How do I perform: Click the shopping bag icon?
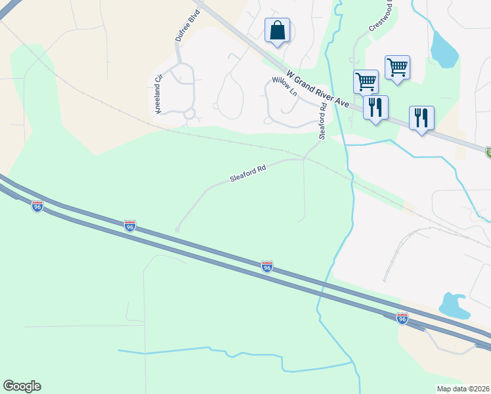point(277,30)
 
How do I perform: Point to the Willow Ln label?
point(285,88)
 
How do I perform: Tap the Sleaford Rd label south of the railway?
point(247,174)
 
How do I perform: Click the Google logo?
point(22,386)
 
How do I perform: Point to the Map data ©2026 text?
point(463,389)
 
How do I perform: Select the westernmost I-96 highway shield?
point(37,206)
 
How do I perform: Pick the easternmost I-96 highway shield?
point(402,318)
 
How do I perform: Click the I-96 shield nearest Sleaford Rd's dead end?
point(130,227)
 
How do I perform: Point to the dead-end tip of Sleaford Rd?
point(177,229)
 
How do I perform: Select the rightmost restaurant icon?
point(421,118)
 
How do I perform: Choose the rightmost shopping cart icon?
point(397,67)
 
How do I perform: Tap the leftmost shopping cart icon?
point(366,82)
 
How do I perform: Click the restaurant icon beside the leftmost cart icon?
point(375,107)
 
